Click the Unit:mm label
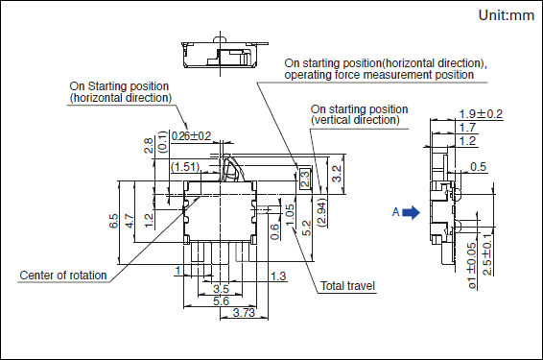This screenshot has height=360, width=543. (506, 15)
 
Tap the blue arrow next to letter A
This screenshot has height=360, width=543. (411, 212)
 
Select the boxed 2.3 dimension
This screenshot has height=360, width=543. (305, 179)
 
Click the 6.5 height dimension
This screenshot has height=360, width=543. (113, 221)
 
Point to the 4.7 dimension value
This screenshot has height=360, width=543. (129, 221)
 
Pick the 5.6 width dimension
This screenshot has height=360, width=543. (221, 300)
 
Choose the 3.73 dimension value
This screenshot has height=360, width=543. (244, 313)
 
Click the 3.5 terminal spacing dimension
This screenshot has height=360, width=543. (221, 289)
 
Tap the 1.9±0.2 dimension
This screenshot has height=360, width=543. (481, 114)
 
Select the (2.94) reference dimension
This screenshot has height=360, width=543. (322, 212)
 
